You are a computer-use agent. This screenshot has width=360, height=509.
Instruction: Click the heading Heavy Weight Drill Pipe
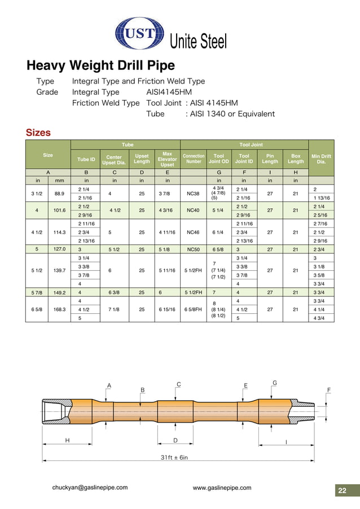pyautogui.click(x=100, y=65)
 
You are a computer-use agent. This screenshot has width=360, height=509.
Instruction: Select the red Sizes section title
pyautogui.click(x=38, y=133)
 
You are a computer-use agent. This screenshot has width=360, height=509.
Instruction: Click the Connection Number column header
pyautogui.click(x=194, y=158)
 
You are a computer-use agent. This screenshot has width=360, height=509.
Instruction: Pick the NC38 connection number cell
pyautogui.click(x=193, y=194)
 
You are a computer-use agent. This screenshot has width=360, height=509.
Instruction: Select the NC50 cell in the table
pyautogui.click(x=193, y=248)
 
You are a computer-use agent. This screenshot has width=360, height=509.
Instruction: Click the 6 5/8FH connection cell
pyautogui.click(x=193, y=309)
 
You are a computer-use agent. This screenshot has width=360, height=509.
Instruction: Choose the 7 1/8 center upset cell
pyautogui.click(x=114, y=309)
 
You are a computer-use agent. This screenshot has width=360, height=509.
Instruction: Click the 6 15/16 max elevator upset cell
pyautogui.click(x=167, y=309)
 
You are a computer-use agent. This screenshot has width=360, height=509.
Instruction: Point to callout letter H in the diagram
pyautogui.click(x=67, y=440)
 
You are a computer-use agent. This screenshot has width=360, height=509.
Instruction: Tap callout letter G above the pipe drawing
pyautogui.click(x=274, y=383)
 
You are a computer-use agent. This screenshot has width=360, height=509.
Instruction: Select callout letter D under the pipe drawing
pyautogui.click(x=175, y=440)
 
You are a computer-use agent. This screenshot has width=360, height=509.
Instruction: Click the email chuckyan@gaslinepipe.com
pyautogui.click(x=90, y=488)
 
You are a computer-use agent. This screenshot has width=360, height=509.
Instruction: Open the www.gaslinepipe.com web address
pyautogui.click(x=222, y=488)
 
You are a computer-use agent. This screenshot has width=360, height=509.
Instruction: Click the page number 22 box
pyautogui.click(x=342, y=490)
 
